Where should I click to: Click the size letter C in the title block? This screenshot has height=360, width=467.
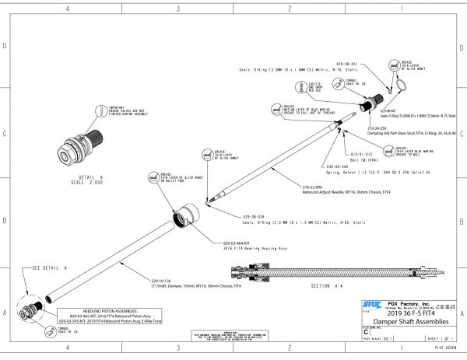tap(365, 330)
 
